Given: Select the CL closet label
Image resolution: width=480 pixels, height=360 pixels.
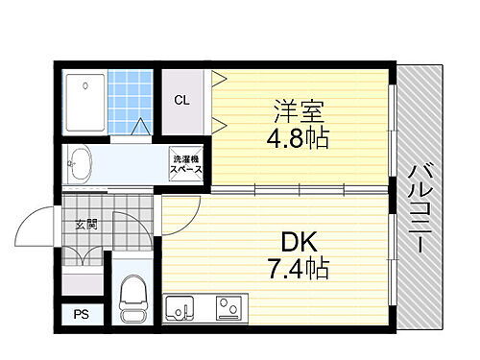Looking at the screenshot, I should coord(180,100).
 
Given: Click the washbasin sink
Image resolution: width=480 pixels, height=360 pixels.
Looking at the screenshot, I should coord(80,163).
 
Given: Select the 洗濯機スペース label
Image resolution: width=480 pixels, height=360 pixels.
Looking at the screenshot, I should coord(186,164).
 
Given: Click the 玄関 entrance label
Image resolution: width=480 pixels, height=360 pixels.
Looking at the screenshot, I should coord(86,225).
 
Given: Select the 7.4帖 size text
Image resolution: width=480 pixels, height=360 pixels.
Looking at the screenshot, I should coord(298,267).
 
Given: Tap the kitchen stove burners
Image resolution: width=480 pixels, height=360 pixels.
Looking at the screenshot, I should coord(229,309).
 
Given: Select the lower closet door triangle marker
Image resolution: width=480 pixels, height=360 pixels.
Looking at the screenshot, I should coord(219,121).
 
